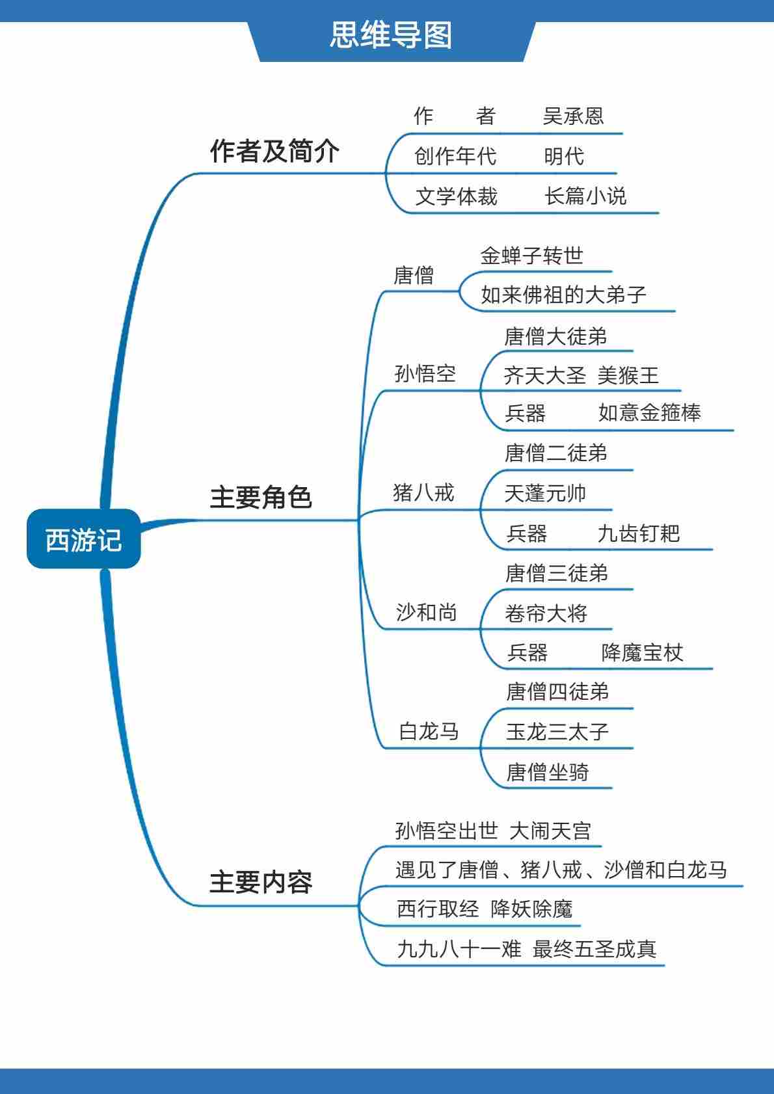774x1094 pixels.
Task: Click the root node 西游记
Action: click(x=83, y=539)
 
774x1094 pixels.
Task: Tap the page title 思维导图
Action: click(x=391, y=35)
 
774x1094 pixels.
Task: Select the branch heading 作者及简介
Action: click(x=274, y=151)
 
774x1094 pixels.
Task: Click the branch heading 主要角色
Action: click(x=261, y=498)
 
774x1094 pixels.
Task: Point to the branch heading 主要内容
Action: click(x=261, y=883)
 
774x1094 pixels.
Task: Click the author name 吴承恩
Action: click(x=573, y=116)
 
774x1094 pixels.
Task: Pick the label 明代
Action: click(x=564, y=156)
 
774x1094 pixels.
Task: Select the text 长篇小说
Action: click(x=585, y=196)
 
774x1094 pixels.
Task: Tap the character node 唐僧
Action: click(x=414, y=275)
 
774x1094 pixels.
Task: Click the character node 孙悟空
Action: click(x=425, y=374)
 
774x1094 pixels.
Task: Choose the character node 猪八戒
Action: click(x=423, y=493)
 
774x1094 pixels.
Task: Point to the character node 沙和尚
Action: click(x=427, y=612)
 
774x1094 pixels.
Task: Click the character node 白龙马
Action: click(x=429, y=732)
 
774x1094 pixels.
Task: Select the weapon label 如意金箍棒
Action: click(x=649, y=413)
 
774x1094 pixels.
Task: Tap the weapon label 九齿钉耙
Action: click(x=638, y=533)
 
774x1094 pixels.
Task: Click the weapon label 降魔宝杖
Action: click(x=642, y=652)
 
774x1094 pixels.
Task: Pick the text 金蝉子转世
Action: click(x=531, y=256)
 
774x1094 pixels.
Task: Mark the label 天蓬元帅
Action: click(x=545, y=494)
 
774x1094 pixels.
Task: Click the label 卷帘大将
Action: click(x=546, y=613)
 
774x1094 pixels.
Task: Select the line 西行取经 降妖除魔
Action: click(x=485, y=909)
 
